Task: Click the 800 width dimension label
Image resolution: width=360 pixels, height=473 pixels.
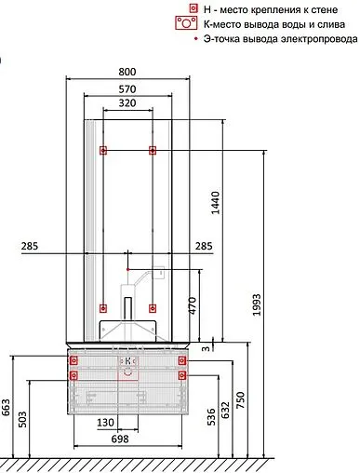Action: tap(127, 72)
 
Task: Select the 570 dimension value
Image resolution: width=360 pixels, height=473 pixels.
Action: tap(127, 89)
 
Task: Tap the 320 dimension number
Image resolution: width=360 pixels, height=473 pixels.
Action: tap(127, 102)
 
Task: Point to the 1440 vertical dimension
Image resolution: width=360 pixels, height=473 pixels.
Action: tap(215, 203)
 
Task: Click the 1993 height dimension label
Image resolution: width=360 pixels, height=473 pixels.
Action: tap(257, 304)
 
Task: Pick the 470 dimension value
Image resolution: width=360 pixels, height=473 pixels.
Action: tap(193, 305)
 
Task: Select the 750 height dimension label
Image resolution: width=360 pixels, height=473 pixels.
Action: tap(240, 400)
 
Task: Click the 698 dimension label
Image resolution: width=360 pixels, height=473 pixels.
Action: tap(120, 439)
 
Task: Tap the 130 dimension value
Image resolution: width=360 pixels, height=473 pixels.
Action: tap(105, 423)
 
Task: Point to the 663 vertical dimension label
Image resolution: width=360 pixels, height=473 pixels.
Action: tap(6, 407)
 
